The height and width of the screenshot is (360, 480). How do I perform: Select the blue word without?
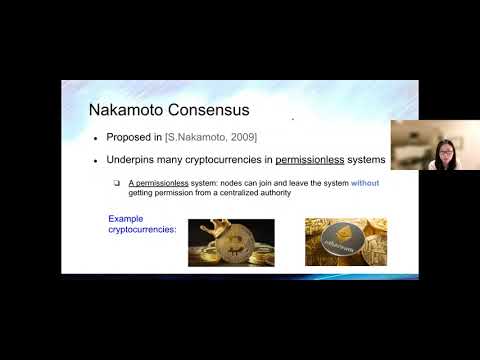[364, 184]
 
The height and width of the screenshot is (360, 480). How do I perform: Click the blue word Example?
[126, 217]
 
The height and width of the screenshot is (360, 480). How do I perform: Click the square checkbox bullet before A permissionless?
[117, 184]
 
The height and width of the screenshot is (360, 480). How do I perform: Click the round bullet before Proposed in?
[95, 137]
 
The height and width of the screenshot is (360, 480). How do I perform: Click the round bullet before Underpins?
[95, 160]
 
